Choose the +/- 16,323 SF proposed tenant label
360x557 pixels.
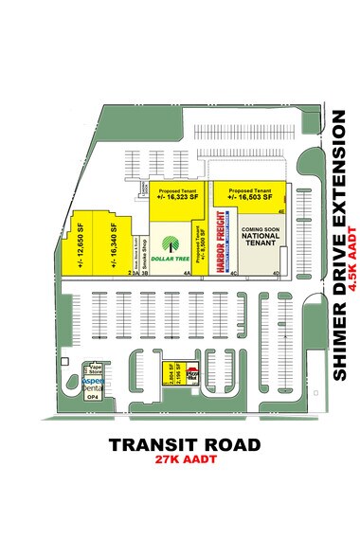177,194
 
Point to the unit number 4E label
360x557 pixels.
280,213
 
